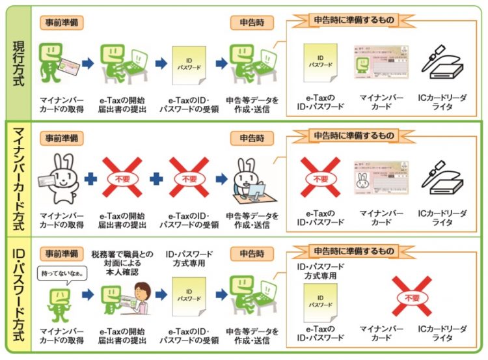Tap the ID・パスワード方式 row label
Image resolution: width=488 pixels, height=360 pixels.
20,297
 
